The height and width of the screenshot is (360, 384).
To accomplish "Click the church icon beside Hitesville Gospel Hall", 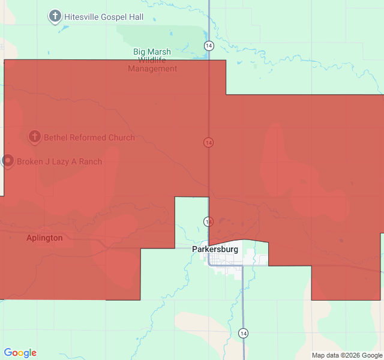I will pyautogui.click(x=55, y=16).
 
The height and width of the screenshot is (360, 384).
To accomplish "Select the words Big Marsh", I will pyautogui.click(x=152, y=52).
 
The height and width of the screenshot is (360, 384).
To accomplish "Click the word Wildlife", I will pyautogui.click(x=152, y=60).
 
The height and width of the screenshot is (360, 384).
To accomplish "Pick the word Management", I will pyautogui.click(x=152, y=68).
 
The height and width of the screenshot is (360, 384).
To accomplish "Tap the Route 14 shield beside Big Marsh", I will pyautogui.click(x=208, y=46).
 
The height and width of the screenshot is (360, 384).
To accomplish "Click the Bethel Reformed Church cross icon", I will pyautogui.click(x=35, y=137).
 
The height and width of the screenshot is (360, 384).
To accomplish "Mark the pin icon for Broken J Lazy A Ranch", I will pyautogui.click(x=8, y=161).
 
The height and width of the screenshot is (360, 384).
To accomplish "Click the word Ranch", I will pyautogui.click(x=89, y=161).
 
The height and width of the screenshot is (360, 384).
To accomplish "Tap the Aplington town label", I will pyautogui.click(x=44, y=238).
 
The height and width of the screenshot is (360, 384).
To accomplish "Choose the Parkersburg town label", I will pyautogui.click(x=215, y=248).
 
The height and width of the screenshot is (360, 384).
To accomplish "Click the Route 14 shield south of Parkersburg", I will pyautogui.click(x=243, y=333).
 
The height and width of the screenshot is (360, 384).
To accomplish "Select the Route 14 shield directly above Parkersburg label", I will pyautogui.click(x=208, y=221).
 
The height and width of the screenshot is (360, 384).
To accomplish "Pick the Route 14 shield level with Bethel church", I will pyautogui.click(x=208, y=142).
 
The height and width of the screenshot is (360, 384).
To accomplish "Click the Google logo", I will pyautogui.click(x=20, y=353).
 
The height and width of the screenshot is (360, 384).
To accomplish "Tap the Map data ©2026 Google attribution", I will pyautogui.click(x=346, y=355).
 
